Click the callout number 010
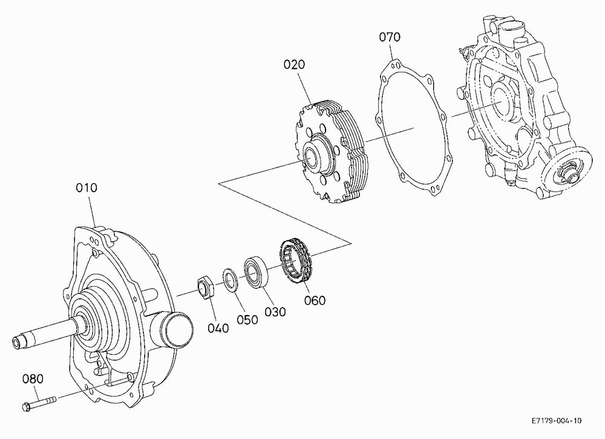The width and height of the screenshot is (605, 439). pyautogui.click(x=87, y=188)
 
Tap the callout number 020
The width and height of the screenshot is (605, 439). pyautogui.click(x=294, y=64)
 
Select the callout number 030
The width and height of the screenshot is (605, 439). pyautogui.click(x=275, y=311)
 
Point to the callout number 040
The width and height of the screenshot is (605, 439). pyautogui.click(x=218, y=328)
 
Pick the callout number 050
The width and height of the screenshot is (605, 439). pyautogui.click(x=247, y=320)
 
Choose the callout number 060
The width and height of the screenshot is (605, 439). pyautogui.click(x=315, y=300)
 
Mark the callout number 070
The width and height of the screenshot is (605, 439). pyautogui.click(x=390, y=37)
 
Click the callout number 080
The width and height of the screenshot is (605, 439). pyautogui.click(x=33, y=379)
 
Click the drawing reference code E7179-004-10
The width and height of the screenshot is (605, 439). pyautogui.click(x=557, y=420)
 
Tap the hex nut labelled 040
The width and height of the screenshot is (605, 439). pyautogui.click(x=205, y=287)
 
